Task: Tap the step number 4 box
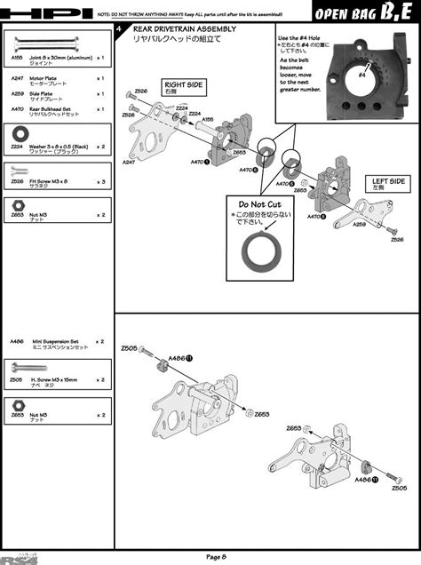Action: click(121, 29)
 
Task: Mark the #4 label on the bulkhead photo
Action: click(362, 76)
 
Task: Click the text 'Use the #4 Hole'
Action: click(302, 39)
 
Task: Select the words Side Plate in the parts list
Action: click(44, 92)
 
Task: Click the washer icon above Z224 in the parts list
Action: click(17, 131)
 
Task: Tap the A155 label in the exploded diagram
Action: click(207, 119)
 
